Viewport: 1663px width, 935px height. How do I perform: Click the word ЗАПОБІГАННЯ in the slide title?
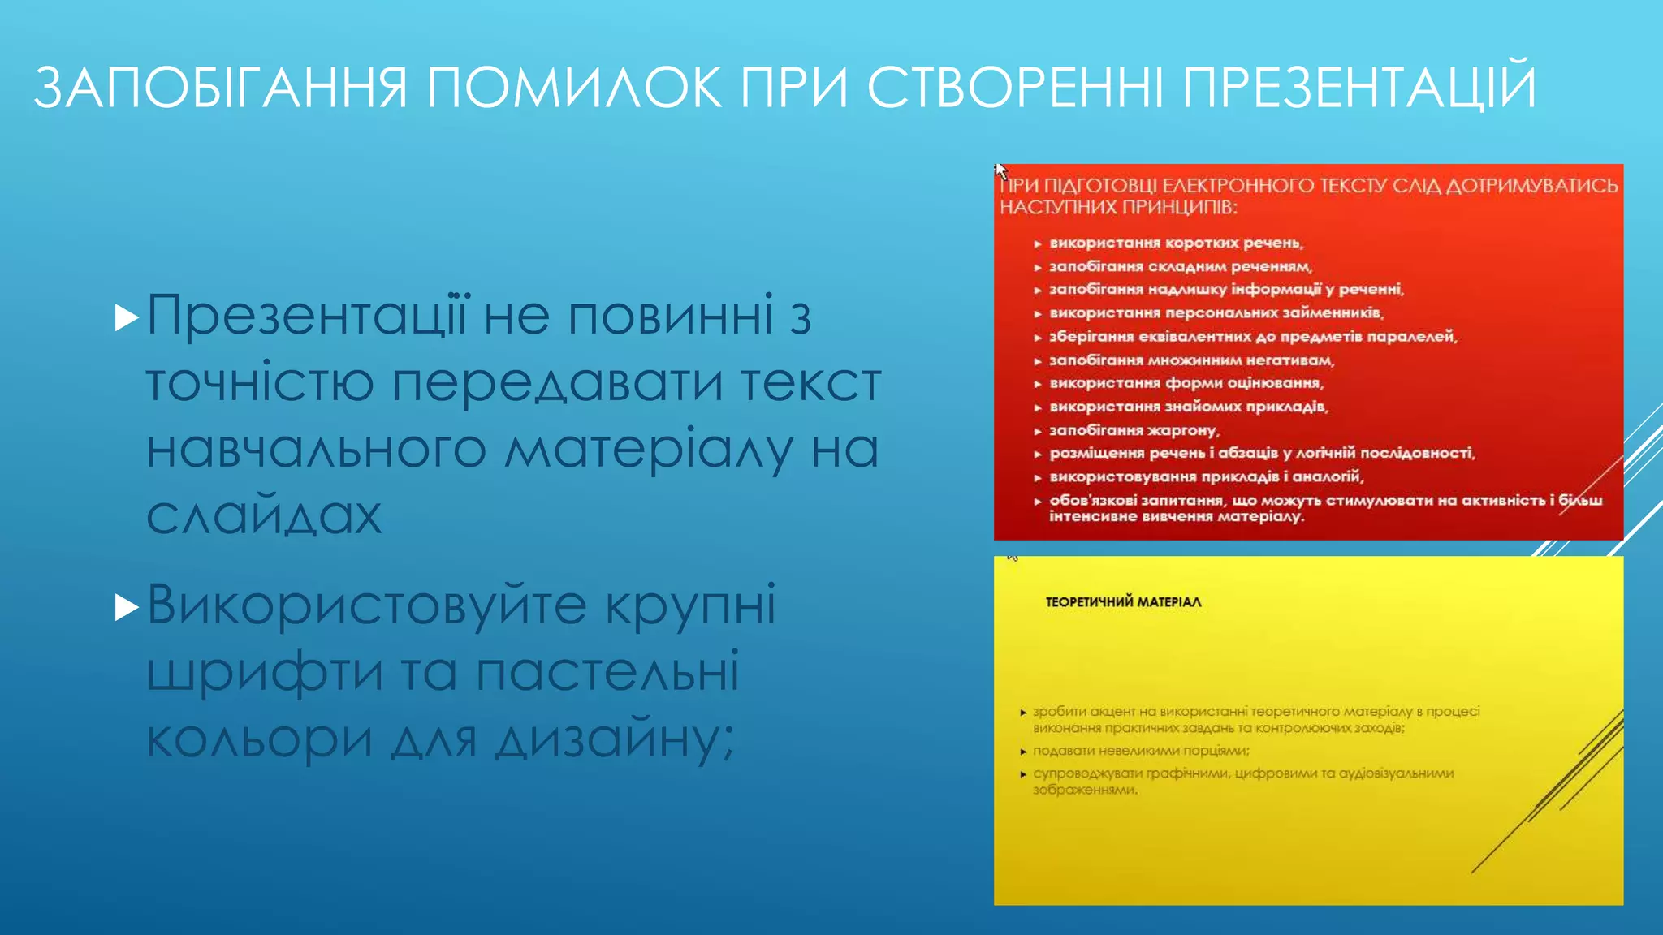click(x=219, y=88)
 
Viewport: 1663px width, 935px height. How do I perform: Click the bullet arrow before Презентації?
click(x=127, y=317)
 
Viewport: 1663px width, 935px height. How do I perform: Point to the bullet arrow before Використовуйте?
click(x=127, y=606)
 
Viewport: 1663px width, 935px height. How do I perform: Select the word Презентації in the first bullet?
click(x=308, y=316)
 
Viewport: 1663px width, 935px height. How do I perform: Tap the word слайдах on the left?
click(x=264, y=515)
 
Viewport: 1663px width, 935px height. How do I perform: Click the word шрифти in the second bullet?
click(x=264, y=673)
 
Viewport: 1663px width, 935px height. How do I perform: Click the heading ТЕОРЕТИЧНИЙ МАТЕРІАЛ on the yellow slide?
click(x=1123, y=602)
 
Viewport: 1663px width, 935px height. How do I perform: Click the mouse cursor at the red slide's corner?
click(x=1000, y=170)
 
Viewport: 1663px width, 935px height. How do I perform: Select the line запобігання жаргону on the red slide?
click(x=1134, y=430)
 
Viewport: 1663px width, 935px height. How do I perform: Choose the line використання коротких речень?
click(x=1176, y=243)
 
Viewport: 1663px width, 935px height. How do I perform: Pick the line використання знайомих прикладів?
click(x=1188, y=407)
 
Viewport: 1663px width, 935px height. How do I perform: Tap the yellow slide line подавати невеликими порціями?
click(x=1141, y=751)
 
